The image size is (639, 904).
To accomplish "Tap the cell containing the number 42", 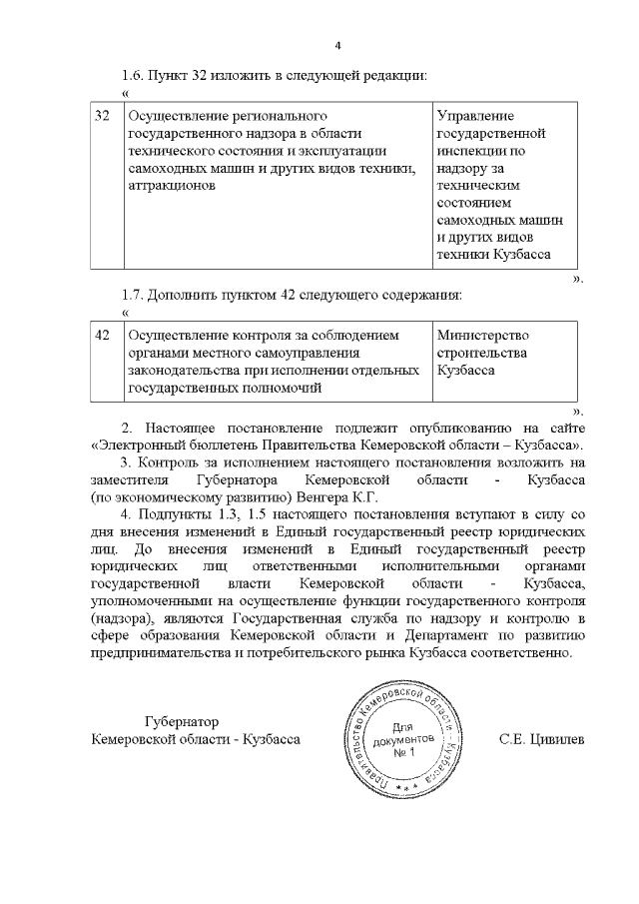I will point(101,335).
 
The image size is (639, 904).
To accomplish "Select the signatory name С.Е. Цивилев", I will point(541,739).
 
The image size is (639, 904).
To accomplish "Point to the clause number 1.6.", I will point(134,76).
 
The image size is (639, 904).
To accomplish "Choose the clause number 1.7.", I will point(134,296).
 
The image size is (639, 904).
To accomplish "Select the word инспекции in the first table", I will point(469,151).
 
